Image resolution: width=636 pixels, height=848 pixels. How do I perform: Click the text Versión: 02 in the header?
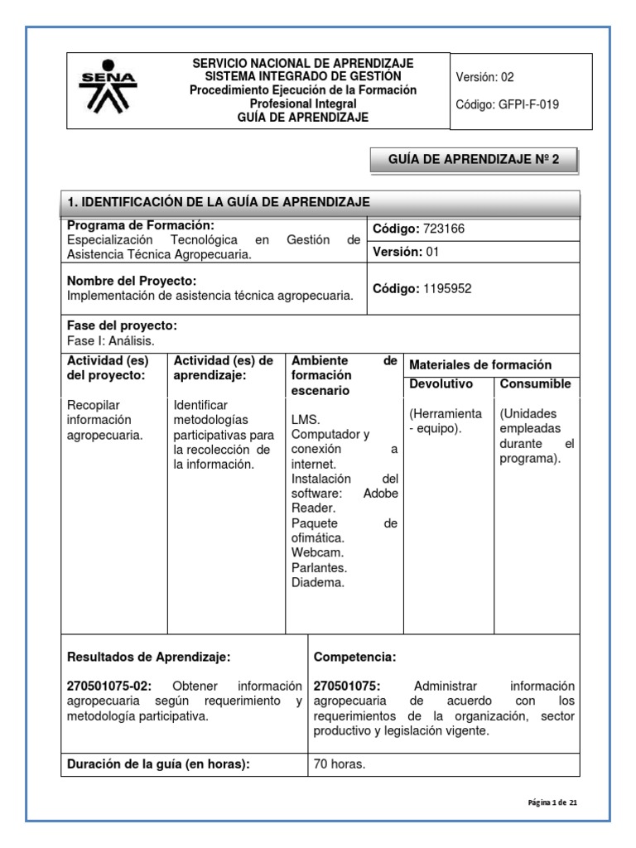[484, 77]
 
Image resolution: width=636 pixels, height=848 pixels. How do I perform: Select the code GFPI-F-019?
[519, 105]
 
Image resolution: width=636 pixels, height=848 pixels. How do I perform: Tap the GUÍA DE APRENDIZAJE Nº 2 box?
[473, 160]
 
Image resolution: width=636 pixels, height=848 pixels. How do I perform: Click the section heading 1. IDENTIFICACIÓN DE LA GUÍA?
[219, 202]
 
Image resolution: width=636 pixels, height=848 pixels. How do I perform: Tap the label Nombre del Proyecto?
[131, 281]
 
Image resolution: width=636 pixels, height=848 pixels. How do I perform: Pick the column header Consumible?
[535, 384]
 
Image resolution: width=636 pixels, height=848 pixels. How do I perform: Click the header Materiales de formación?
[480, 364]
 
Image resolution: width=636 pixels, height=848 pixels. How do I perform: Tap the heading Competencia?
[354, 657]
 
